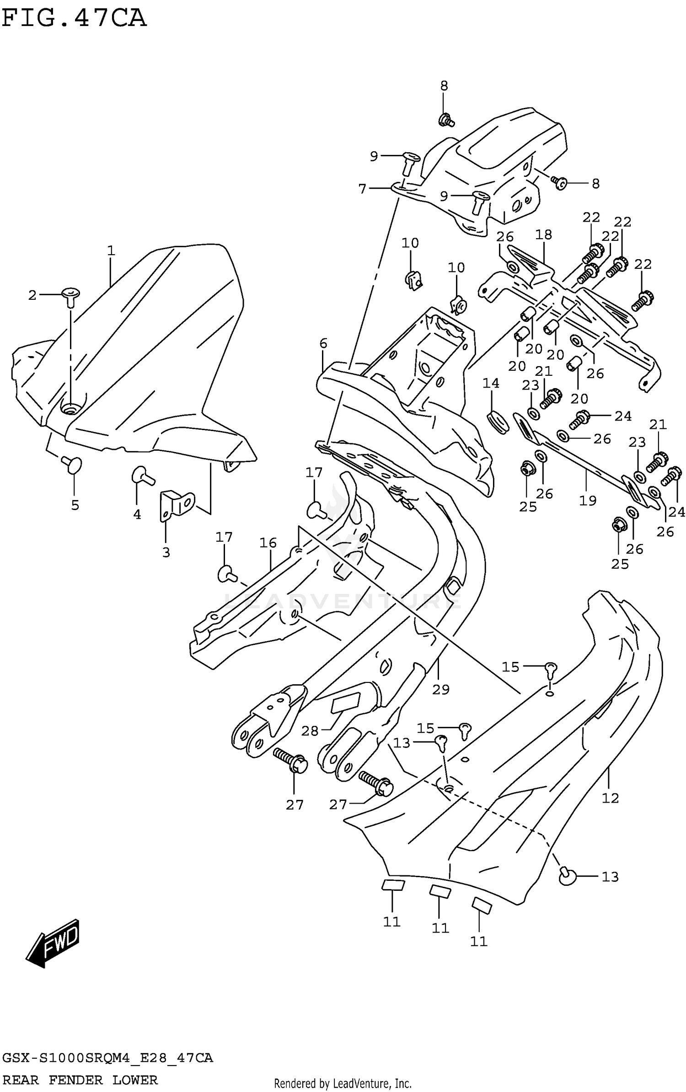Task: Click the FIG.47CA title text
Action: pos(74,18)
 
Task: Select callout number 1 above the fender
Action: pos(111,250)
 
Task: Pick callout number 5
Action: pos(75,505)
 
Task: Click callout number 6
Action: pos(323,343)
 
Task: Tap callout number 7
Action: pos(363,188)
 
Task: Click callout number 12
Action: pos(610,798)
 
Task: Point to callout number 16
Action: pos(268,543)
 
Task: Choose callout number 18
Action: pos(543,234)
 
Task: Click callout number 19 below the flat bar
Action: pos(588,501)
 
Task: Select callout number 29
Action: pos(441,689)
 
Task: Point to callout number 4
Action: pos(137,514)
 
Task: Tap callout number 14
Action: pos(491,383)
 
